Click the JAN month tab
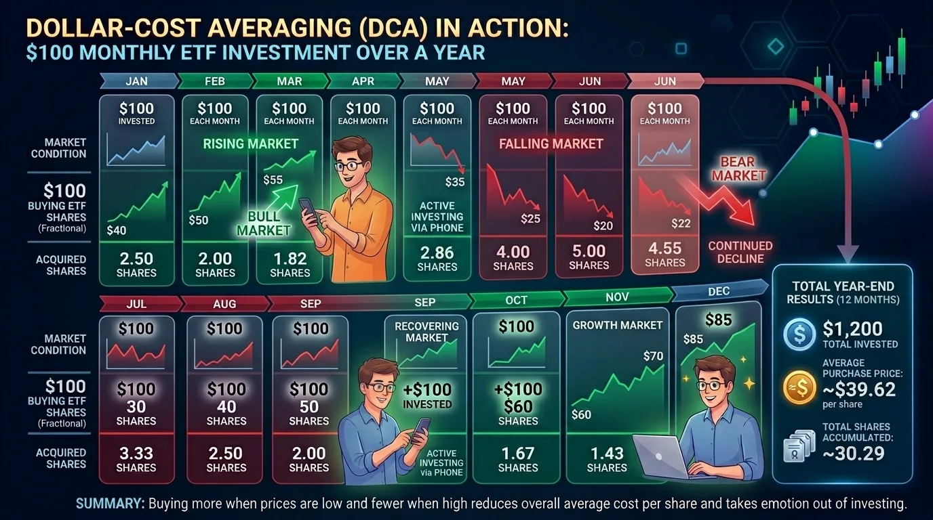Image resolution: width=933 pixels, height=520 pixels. tap(137, 81)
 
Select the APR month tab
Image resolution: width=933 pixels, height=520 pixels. tap(363, 81)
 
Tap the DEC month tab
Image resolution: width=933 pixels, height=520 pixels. tap(718, 291)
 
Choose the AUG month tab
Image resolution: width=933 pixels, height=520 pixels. tap(225, 304)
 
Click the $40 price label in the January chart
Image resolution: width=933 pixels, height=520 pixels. tap(117, 230)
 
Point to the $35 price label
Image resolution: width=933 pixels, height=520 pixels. tap(455, 181)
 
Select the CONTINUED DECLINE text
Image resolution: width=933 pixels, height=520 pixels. tap(740, 252)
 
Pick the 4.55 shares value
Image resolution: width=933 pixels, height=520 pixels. tap(664, 248)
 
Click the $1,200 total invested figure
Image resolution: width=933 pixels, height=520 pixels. tap(852, 329)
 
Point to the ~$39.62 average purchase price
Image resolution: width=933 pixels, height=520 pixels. tap(858, 389)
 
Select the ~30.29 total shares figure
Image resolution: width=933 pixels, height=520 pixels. tap(853, 452)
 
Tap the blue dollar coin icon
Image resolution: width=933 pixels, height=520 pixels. tap(798, 334)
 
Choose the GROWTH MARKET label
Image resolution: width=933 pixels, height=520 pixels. tap(617, 325)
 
